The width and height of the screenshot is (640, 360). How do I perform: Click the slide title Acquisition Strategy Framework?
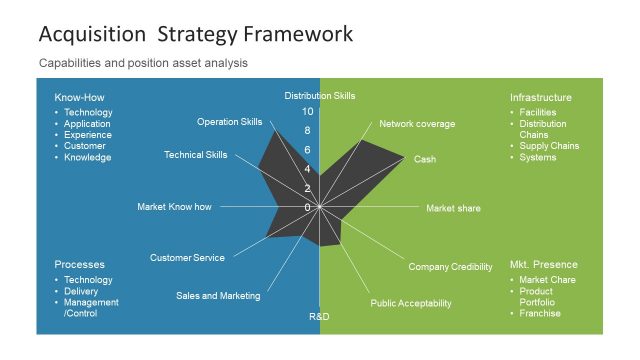(195, 34)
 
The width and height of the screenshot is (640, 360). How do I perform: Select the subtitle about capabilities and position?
(143, 63)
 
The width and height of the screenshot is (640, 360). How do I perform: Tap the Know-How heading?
(79, 98)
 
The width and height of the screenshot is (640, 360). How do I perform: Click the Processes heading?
(80, 264)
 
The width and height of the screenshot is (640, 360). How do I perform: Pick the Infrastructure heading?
(541, 98)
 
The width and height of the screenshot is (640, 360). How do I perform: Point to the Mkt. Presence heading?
(544, 264)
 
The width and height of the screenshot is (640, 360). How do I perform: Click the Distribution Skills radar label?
(320, 96)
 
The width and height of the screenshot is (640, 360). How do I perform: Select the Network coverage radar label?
(417, 124)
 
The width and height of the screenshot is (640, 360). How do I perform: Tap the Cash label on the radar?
(425, 159)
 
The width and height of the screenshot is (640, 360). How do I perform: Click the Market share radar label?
(453, 208)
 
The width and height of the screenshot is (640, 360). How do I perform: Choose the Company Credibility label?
(450, 267)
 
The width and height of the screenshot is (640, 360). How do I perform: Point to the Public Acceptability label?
(411, 303)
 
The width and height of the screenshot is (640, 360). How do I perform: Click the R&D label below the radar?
(319, 317)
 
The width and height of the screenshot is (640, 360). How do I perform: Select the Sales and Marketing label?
(218, 295)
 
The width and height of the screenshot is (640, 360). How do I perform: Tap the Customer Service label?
(187, 258)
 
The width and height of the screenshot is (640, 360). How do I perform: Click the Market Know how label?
(175, 207)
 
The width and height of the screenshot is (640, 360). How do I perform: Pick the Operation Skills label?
(230, 122)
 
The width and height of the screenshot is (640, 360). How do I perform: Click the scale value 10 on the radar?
(308, 111)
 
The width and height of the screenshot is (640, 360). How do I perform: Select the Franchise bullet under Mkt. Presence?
(540, 313)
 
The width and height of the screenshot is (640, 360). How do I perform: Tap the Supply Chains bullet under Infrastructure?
(549, 146)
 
